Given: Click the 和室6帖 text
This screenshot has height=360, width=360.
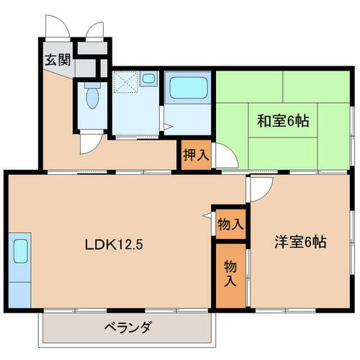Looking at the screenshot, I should tap(283, 121).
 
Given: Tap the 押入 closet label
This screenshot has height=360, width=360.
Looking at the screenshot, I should tap(195, 155).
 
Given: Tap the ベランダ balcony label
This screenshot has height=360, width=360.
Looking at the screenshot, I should tap(127, 328).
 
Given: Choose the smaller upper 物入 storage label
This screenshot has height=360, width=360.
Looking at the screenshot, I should tap(230, 225).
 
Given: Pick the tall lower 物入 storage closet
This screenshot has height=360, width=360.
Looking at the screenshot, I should tap(230, 274).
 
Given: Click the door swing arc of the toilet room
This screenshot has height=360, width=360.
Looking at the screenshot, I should tap(90, 141).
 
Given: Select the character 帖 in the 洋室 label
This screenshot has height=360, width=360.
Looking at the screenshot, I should tap(320, 242).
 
